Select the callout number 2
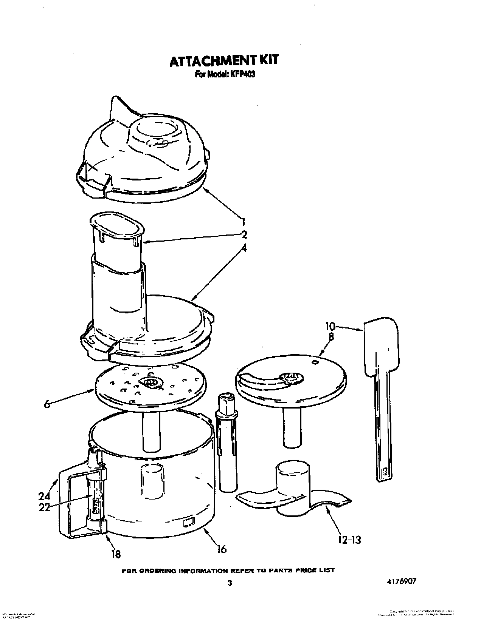tap(244, 235)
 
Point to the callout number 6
tap(47, 404)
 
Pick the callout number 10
tap(330, 325)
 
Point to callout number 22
tap(44, 507)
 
